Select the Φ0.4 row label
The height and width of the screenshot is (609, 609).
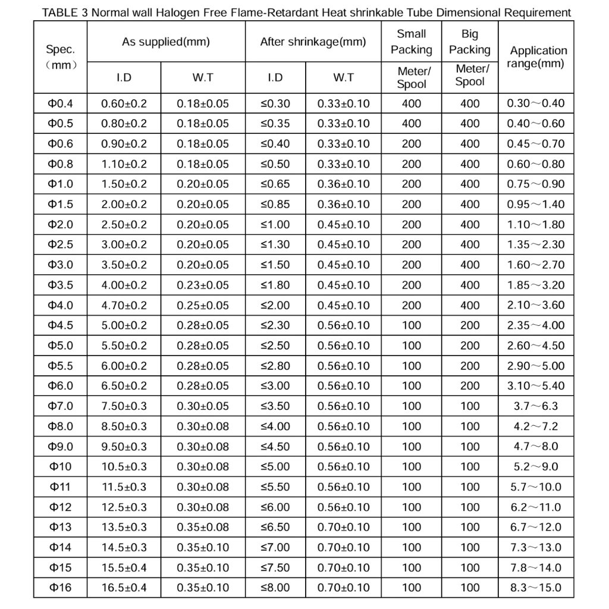tap(60, 103)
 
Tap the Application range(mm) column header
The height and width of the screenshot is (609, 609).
tap(538, 57)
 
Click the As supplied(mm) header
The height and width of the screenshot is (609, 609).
tap(166, 42)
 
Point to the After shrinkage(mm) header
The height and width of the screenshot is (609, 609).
tap(313, 42)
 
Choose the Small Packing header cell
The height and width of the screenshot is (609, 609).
tap(411, 42)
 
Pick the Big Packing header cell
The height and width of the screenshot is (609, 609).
tap(469, 42)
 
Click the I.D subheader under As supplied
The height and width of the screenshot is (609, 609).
tap(124, 77)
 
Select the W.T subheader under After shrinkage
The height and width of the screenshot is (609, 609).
tap(343, 77)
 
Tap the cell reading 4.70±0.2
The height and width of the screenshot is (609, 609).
tap(124, 306)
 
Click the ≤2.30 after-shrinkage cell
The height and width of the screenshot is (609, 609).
tap(275, 325)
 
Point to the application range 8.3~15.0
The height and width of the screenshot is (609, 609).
tap(535, 588)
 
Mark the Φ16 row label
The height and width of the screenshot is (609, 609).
tap(60, 588)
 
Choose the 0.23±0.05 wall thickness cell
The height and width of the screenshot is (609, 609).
tap(202, 285)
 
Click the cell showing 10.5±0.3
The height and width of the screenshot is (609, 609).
tap(124, 466)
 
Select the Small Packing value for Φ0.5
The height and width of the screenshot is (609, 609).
tap(411, 124)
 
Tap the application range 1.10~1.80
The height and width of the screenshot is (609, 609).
tap(535, 225)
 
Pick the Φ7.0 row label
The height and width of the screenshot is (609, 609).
tap(60, 406)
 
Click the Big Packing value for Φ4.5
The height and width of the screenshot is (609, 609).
tap(469, 325)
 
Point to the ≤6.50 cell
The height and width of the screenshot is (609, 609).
tap(275, 527)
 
